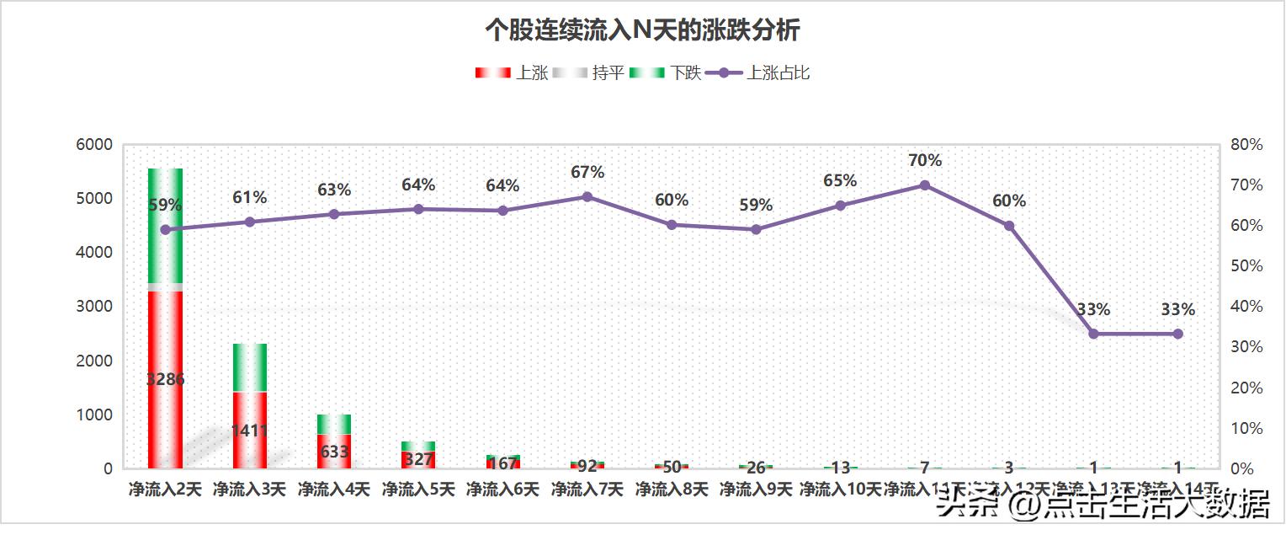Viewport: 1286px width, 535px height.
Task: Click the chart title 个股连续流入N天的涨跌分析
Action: [x=642, y=31]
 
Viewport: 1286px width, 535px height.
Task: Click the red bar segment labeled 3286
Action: [x=165, y=379]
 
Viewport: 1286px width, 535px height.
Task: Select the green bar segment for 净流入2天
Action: [x=165, y=226]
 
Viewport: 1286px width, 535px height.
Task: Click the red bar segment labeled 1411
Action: [x=250, y=430]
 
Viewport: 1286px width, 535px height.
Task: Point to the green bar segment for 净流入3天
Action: [x=250, y=367]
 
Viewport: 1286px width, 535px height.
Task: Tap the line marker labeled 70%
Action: [x=924, y=185]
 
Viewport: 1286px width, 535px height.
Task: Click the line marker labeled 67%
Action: [x=587, y=197]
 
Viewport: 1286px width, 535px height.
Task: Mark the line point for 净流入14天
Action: [x=1177, y=334]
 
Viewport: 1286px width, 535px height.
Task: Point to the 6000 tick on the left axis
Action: [x=94, y=145]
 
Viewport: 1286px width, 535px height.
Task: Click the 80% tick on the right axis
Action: [x=1246, y=145]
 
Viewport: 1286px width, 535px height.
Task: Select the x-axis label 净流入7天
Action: [x=587, y=490]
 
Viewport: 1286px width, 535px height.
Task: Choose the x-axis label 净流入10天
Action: [x=840, y=490]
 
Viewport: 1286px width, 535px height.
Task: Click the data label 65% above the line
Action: [x=840, y=181]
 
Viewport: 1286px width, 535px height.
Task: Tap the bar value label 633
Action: [x=334, y=452]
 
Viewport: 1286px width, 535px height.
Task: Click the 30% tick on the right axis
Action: [x=1246, y=347]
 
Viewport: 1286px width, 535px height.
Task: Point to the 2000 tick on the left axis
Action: [x=94, y=361]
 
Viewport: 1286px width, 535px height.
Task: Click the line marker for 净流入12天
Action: [x=1009, y=226]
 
